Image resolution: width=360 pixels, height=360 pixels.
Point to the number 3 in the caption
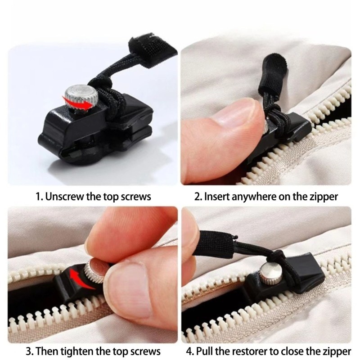[29, 352]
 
